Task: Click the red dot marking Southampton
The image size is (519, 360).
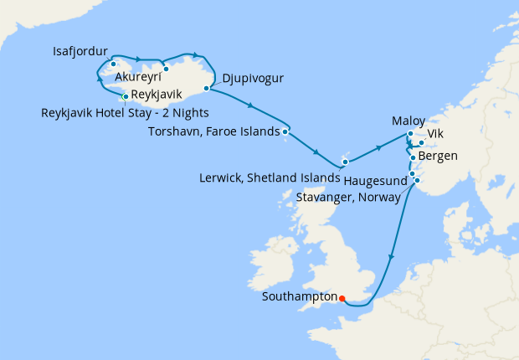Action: pos(342,296)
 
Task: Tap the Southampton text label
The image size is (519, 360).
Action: pos(299,296)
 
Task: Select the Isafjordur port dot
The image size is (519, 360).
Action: pos(113,64)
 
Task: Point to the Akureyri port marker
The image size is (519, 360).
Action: pos(166,69)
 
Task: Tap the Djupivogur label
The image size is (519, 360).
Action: pos(253,80)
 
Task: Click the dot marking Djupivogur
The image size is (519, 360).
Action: pos(206,87)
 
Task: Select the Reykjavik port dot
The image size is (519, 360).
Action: pos(125,96)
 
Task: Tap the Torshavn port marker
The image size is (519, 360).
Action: pos(285,131)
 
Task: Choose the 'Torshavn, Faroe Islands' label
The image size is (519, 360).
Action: pos(213,131)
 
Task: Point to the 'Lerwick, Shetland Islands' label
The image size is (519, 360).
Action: pos(271,177)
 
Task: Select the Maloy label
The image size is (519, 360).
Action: pos(409,121)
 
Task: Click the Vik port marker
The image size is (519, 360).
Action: pos(422,143)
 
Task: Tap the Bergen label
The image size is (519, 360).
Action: pos(439,157)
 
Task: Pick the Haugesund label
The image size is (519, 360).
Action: pos(376,180)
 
